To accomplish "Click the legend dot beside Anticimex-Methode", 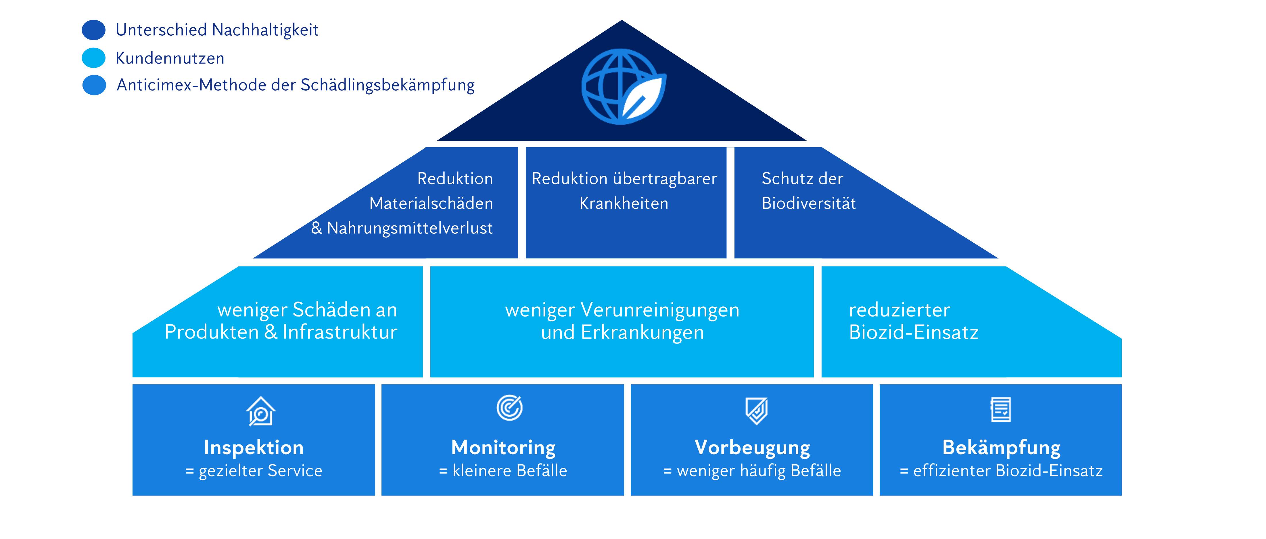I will click(94, 85).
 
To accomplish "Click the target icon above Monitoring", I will click(509, 408).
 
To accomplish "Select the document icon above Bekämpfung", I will click(1001, 410).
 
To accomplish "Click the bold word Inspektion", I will click(254, 448).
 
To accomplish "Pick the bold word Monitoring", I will click(503, 448).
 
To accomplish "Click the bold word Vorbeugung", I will click(752, 448).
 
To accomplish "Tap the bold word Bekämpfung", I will click(1002, 448).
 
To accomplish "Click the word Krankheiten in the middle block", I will click(624, 204).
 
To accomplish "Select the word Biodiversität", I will click(808, 204).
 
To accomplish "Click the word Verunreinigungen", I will click(659, 310).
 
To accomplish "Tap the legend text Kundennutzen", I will click(170, 58).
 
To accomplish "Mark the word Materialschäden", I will click(431, 204).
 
